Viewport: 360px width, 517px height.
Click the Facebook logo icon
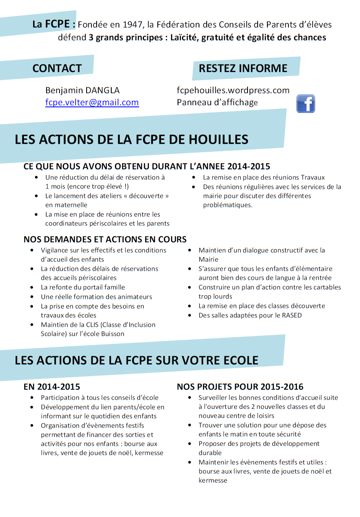(305, 104)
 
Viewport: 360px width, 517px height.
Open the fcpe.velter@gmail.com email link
(92, 102)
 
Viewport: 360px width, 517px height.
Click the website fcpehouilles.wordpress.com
(233, 90)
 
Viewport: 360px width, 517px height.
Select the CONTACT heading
(57, 68)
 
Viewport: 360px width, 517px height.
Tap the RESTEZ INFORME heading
(243, 68)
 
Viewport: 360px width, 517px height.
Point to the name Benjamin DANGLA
(83, 90)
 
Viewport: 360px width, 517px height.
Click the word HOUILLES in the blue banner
(218, 139)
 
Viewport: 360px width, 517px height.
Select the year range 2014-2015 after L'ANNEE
(249, 166)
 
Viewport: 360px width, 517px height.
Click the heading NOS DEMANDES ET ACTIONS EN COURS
(105, 239)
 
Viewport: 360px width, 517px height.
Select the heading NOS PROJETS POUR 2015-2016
(240, 387)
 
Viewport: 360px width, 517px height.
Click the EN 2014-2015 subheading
(52, 387)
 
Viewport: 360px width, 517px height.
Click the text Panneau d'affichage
(217, 102)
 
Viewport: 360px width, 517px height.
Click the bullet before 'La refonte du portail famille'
(32, 287)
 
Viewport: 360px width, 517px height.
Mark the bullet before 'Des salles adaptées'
(190, 315)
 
